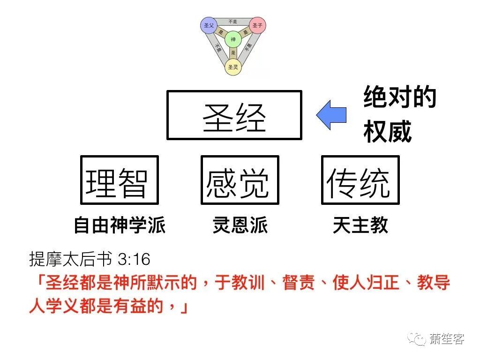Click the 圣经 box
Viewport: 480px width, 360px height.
click(x=234, y=115)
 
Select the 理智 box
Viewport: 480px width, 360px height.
click(x=120, y=180)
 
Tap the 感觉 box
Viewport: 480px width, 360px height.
click(x=240, y=180)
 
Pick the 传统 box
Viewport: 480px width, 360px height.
click(x=360, y=180)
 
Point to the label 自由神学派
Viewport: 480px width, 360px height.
click(x=120, y=225)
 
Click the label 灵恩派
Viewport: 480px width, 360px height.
click(x=240, y=225)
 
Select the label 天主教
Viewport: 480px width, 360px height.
click(x=360, y=225)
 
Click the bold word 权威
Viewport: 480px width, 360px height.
click(x=387, y=132)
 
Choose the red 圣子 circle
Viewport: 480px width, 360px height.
click(x=257, y=25)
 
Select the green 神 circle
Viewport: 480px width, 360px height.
click(x=233, y=39)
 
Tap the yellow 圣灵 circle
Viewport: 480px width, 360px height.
click(x=233, y=67)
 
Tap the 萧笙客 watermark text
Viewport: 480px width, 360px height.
click(x=446, y=339)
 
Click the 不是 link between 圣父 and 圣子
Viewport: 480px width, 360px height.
click(x=233, y=22)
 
